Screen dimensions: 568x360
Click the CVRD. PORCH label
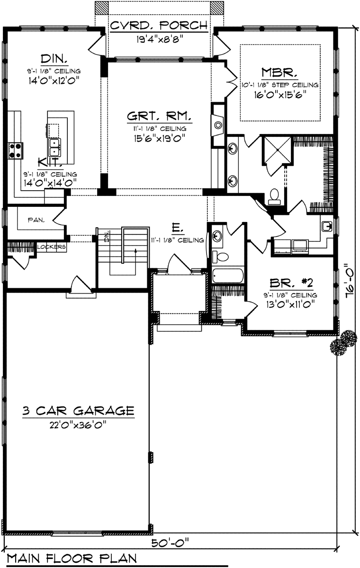[x=158, y=25]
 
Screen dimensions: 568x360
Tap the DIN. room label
[x=53, y=60]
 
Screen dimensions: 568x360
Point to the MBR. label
[x=279, y=73]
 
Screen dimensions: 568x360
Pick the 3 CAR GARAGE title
[x=79, y=409]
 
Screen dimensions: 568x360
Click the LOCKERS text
[x=51, y=247]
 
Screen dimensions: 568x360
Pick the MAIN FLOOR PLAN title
[x=71, y=559]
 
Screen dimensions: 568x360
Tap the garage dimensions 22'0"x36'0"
[x=79, y=424]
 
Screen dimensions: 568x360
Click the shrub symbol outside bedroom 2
[x=344, y=342]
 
